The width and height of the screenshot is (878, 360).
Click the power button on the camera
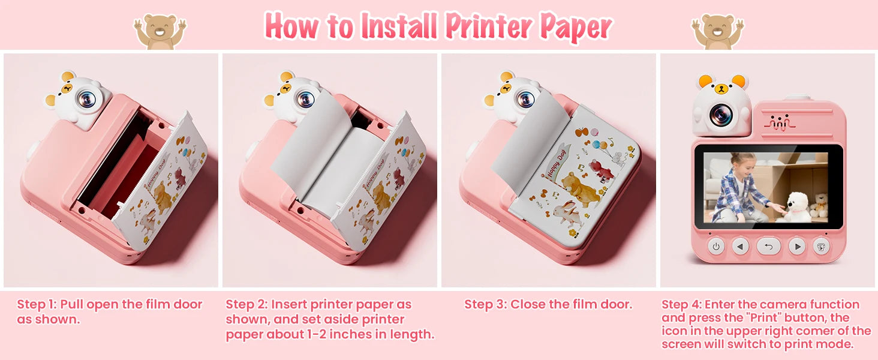click(716, 246)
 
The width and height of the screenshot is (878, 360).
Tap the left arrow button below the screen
click(740, 246)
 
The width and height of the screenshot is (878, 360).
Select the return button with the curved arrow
click(768, 246)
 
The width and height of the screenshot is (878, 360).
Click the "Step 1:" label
click(37, 304)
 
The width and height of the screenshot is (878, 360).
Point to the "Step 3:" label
click(485, 304)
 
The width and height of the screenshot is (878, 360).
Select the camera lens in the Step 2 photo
click(305, 98)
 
